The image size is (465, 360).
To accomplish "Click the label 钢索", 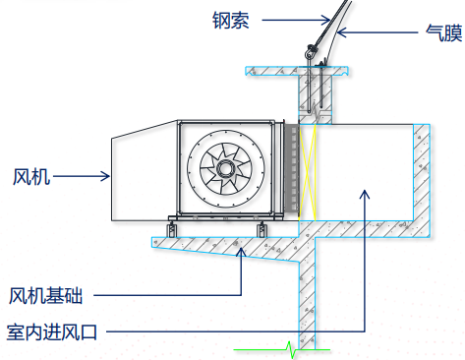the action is pos(231,21).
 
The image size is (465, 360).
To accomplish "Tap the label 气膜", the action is pos(444,32).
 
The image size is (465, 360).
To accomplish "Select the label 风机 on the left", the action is pos(31,177).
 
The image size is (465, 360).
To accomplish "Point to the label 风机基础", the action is pos(45,296).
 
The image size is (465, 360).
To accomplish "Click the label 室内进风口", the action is pos(52,331).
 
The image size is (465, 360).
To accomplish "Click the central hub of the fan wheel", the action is pos(225,169).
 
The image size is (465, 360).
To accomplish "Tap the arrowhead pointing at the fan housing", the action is pos(105,176).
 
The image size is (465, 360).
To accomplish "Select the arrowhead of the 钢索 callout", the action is pos(325,20).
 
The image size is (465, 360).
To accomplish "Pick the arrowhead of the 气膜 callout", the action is pos(341,32).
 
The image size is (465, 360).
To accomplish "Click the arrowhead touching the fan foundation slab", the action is pos(242,253).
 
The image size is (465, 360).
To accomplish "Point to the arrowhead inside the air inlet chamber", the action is pos(365,194).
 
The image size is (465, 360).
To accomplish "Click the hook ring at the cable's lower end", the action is pos(309,53).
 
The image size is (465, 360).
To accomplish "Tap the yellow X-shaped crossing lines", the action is pos(308,172).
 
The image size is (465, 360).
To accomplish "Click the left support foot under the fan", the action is pos(172,229).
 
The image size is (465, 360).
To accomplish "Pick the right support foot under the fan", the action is pos(262,229).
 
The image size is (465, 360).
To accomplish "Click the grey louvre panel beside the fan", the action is pos(292,169).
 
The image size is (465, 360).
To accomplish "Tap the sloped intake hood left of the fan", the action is pos(145,171).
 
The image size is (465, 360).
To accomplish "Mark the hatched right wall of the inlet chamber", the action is pos(422,180).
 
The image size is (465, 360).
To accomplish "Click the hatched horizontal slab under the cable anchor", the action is pos(297,71).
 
